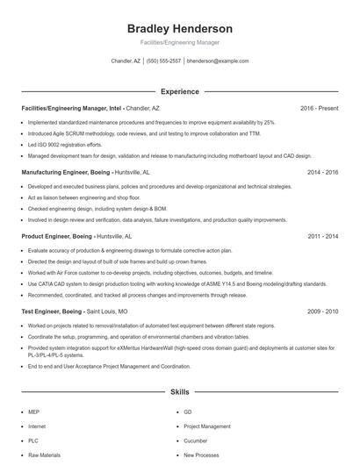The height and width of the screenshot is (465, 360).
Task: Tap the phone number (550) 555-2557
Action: (164, 61)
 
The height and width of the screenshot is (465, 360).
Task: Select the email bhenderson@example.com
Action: (218, 61)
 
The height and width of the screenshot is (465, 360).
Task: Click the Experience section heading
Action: (179, 91)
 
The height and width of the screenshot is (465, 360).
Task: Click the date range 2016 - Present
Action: (319, 108)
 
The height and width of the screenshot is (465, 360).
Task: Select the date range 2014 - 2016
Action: (322, 173)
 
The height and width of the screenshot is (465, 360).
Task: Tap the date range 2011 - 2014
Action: (322, 236)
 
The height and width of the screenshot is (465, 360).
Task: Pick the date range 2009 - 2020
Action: (322, 311)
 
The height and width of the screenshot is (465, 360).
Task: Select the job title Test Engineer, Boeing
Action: (52, 311)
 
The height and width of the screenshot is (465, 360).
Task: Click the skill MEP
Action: (33, 411)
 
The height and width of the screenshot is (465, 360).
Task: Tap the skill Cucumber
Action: (196, 440)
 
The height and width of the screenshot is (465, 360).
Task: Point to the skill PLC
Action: (33, 440)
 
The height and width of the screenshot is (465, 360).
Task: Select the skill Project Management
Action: (207, 426)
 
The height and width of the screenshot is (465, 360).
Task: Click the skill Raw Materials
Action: (44, 455)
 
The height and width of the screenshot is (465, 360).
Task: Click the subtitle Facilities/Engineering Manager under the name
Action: (179, 42)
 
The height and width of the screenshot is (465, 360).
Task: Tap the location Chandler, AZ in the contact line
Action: (126, 61)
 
